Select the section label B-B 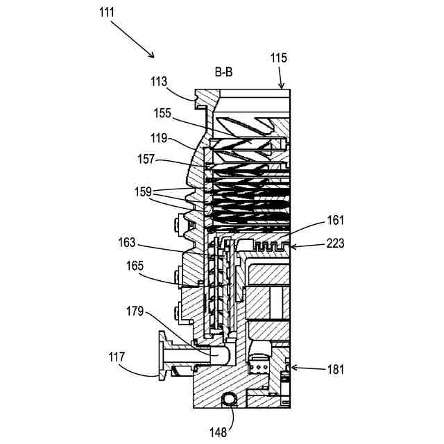click(x=223, y=71)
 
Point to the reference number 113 click(x=159, y=81)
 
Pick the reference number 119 click(x=161, y=137)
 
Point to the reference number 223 click(x=335, y=244)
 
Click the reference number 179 click(x=135, y=311)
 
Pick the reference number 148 click(x=219, y=432)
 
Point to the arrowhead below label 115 click(x=282, y=87)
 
